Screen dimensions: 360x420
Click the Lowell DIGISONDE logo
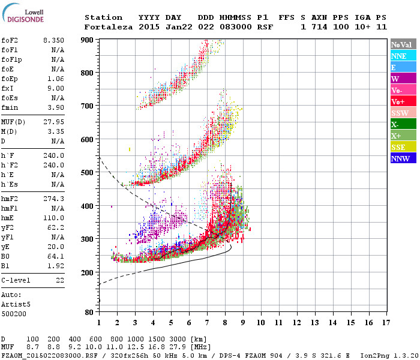pyautogui.click(x=28, y=16)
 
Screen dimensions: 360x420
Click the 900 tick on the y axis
pyautogui.click(x=88, y=40)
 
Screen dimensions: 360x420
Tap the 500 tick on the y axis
pyautogui.click(x=88, y=173)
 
